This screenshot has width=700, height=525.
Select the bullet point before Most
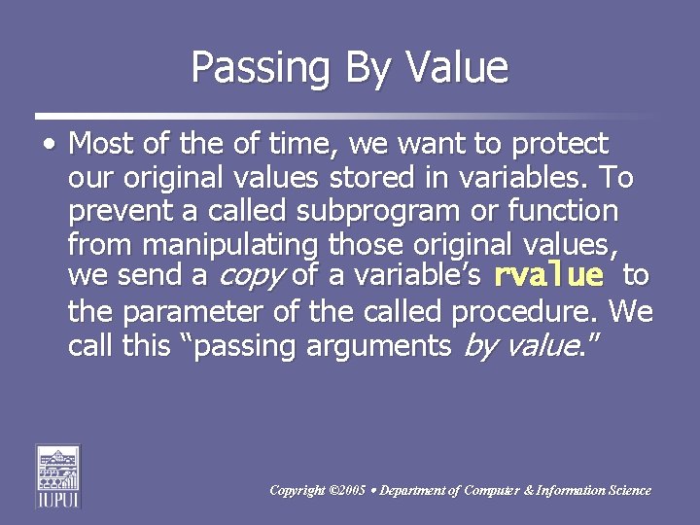point(49,145)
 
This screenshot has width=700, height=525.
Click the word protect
point(559,145)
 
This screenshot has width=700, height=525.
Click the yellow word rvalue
point(548,276)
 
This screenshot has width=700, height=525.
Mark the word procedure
point(525,312)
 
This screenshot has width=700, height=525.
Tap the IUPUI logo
point(57,475)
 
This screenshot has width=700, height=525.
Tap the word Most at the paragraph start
point(101,145)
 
